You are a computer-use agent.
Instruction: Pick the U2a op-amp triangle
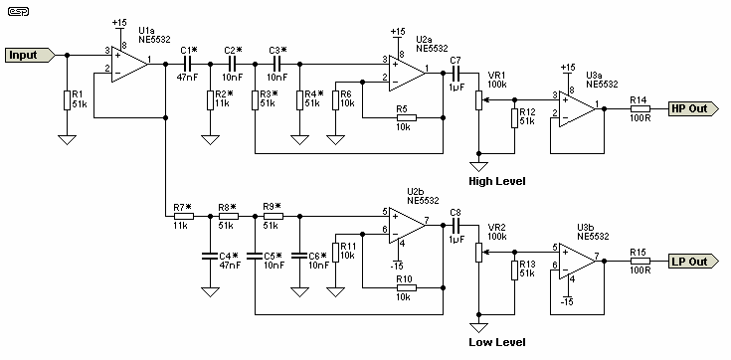click(x=404, y=72)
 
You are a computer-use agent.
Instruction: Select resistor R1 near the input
click(x=67, y=99)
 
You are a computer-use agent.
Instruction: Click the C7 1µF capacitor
click(x=456, y=73)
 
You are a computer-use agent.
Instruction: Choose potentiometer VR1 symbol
click(x=479, y=102)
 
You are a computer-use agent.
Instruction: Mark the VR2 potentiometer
click(x=479, y=255)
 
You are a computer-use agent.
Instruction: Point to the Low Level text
click(x=496, y=342)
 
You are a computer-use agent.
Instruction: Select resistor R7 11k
click(x=182, y=216)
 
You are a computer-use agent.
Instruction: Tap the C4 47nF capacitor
click(x=210, y=261)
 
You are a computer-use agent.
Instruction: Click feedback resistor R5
click(x=403, y=117)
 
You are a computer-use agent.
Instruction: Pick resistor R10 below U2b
click(x=403, y=287)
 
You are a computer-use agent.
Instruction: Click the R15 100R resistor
click(x=640, y=262)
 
